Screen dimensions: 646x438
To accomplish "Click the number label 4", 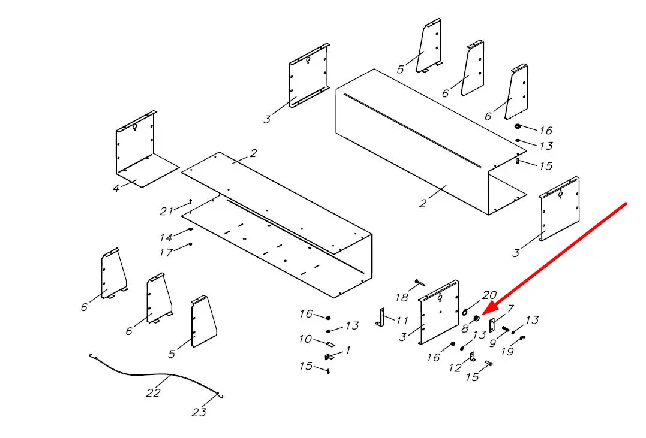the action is coord(116,188).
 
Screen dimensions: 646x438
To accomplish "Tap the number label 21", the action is coord(166,211).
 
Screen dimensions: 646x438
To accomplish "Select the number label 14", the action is coord(166,237).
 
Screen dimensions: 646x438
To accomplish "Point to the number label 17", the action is coord(166,252).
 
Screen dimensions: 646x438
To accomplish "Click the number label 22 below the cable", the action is coord(153,392).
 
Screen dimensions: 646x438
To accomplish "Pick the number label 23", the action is coord(199,412).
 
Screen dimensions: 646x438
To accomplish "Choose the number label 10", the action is coord(305,339).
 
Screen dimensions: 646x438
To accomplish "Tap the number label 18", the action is coord(402,297).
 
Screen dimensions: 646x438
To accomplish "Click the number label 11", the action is coord(402,321).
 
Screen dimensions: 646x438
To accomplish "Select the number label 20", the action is coord(489,295).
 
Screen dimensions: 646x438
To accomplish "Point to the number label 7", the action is coord(510,309).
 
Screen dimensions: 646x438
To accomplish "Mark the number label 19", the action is coord(507,351).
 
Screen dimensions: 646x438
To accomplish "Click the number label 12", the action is coord(455,368).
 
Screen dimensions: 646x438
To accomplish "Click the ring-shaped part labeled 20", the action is coord(465,312).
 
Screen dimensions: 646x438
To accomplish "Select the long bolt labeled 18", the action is coord(419,282).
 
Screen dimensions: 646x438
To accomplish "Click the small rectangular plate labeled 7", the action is coord(492,325).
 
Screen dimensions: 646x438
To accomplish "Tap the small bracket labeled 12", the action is coord(473,357).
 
